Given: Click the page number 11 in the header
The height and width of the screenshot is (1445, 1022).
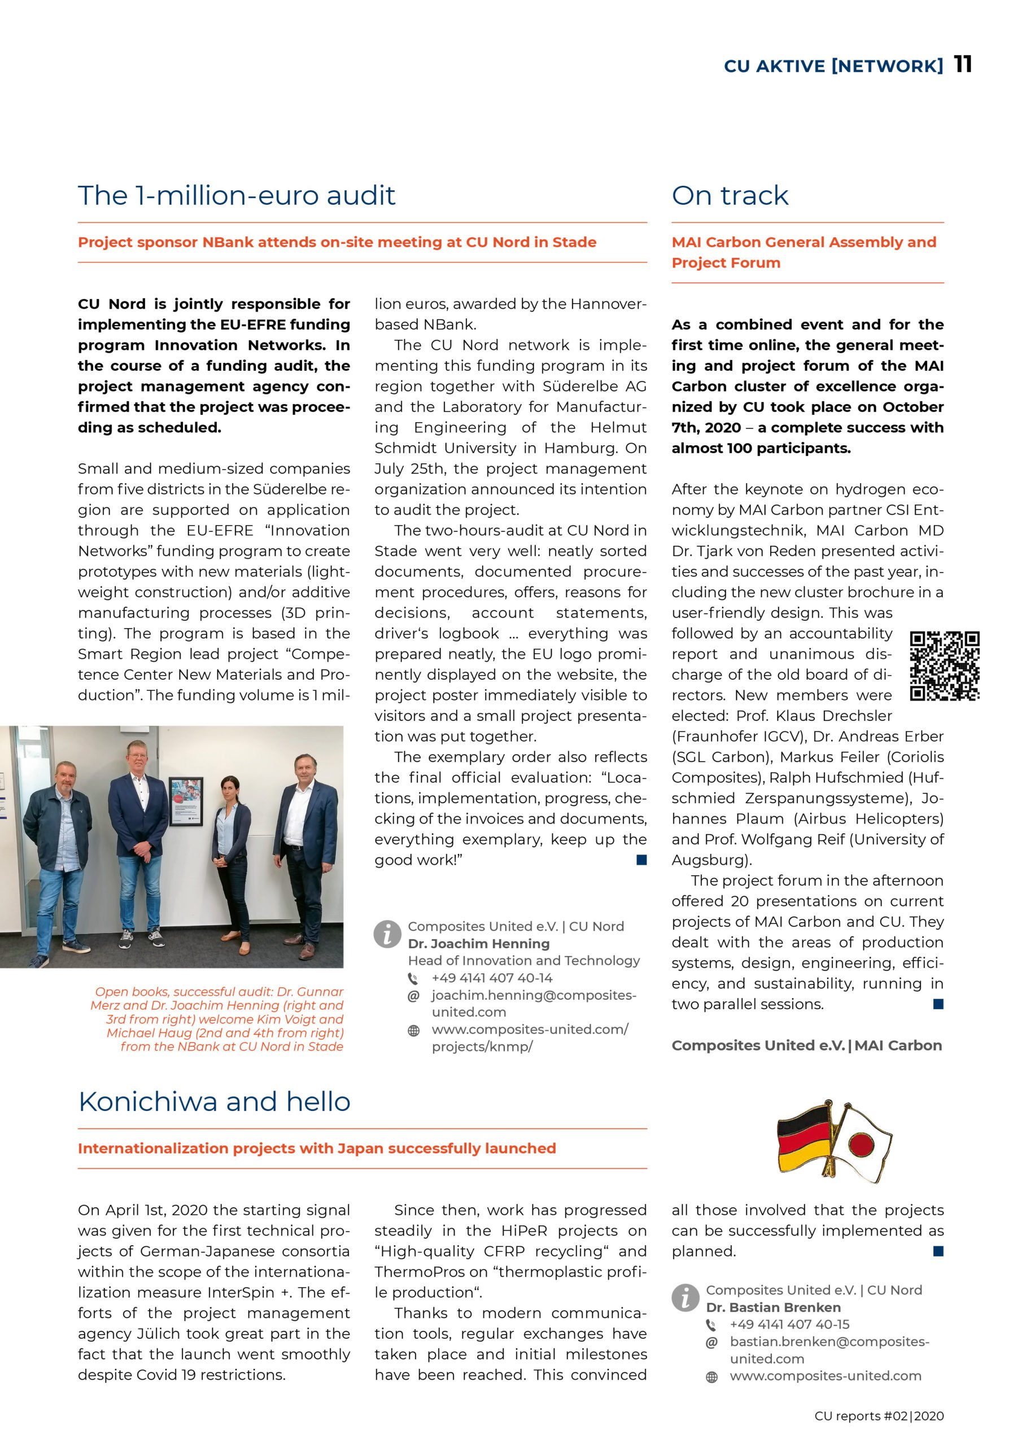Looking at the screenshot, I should coord(962,64).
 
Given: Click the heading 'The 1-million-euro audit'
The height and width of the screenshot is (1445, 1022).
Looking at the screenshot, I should coord(236,195).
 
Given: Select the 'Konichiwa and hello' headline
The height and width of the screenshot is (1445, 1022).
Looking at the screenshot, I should coord(214,1101).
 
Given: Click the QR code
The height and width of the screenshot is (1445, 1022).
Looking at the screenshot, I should coord(944,666).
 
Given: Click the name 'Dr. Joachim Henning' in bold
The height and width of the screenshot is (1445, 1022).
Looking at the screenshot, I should coord(479,943).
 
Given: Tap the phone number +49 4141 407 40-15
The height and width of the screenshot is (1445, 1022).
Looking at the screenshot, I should coord(789,1324).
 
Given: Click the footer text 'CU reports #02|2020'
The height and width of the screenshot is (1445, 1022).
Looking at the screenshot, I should coord(879,1416).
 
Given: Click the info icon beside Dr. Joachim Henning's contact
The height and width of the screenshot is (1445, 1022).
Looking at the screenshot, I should coord(387,934).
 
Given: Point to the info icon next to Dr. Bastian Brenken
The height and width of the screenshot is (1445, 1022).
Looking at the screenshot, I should coord(685,1298).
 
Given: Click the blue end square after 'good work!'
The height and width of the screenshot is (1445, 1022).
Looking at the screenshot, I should coord(641,860).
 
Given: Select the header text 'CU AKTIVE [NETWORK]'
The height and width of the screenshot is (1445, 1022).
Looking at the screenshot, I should coord(833,66).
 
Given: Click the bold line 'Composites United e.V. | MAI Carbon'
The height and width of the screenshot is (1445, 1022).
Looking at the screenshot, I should coord(806,1045).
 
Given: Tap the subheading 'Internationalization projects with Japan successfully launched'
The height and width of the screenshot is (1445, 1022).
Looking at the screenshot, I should coord(317,1148).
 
